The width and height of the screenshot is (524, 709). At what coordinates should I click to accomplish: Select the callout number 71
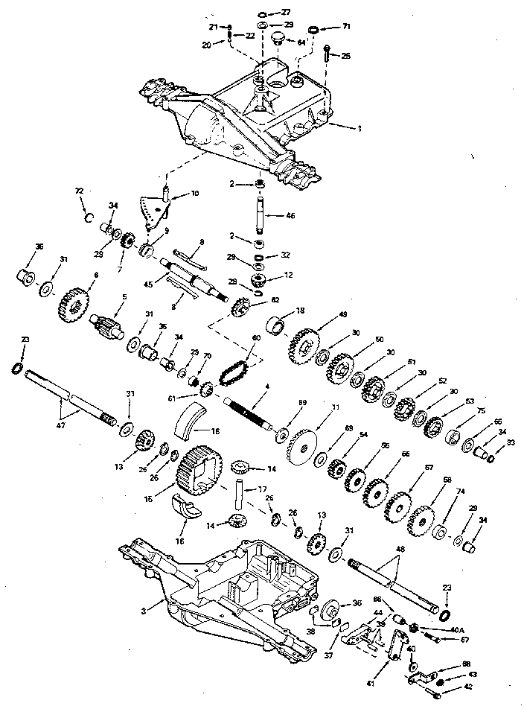tap(345, 27)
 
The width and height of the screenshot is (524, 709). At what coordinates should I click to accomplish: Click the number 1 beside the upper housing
tap(360, 128)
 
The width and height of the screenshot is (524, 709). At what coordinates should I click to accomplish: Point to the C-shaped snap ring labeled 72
tap(86, 217)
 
